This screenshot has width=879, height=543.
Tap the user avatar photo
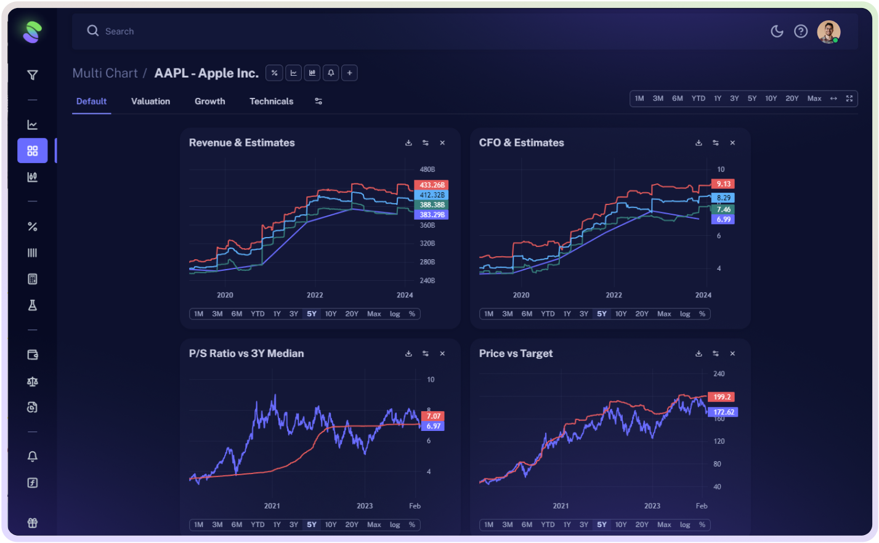click(x=828, y=31)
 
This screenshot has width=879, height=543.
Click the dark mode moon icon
click(x=777, y=31)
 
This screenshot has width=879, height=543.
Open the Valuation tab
click(x=150, y=102)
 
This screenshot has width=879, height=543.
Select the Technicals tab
click(x=271, y=102)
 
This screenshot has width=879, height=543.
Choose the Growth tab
click(x=209, y=102)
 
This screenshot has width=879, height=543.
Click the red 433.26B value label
click(x=431, y=185)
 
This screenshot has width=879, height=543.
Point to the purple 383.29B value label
click(x=431, y=215)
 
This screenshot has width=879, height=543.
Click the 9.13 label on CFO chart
click(x=723, y=184)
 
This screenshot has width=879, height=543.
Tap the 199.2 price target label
click(x=721, y=397)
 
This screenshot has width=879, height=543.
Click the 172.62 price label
click(x=723, y=412)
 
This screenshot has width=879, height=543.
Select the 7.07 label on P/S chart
click(x=434, y=416)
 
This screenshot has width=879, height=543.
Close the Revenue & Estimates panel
click(x=442, y=143)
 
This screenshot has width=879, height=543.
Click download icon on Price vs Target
click(x=699, y=354)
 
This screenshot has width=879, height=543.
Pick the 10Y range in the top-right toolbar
click(x=771, y=99)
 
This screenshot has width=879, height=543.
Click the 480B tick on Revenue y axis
click(x=427, y=169)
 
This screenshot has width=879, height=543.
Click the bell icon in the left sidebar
click(x=33, y=456)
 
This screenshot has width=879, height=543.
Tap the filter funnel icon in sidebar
click(x=33, y=75)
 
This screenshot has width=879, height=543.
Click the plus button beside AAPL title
click(x=349, y=73)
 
